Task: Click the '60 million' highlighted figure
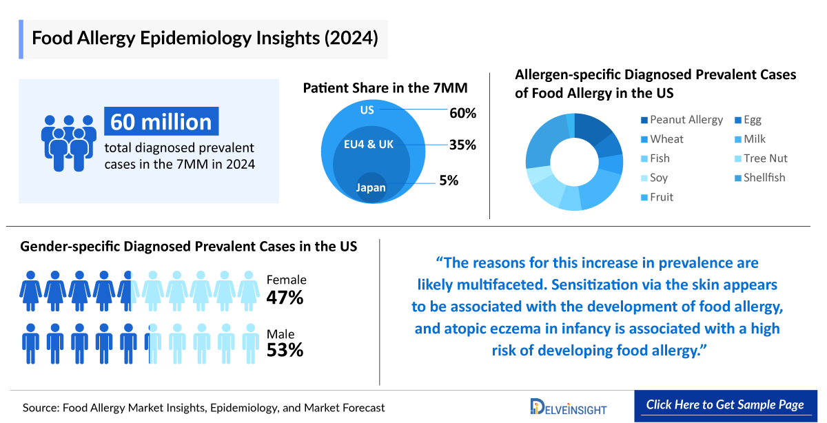click(x=161, y=121)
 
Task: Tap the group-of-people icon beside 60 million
click(x=68, y=141)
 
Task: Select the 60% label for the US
click(x=462, y=113)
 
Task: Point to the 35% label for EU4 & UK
click(x=462, y=145)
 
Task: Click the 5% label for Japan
click(x=449, y=181)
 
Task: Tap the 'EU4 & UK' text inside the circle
click(x=369, y=145)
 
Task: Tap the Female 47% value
click(x=285, y=298)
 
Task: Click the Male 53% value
click(x=285, y=350)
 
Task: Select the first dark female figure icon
click(x=31, y=290)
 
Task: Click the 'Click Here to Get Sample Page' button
click(x=725, y=405)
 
